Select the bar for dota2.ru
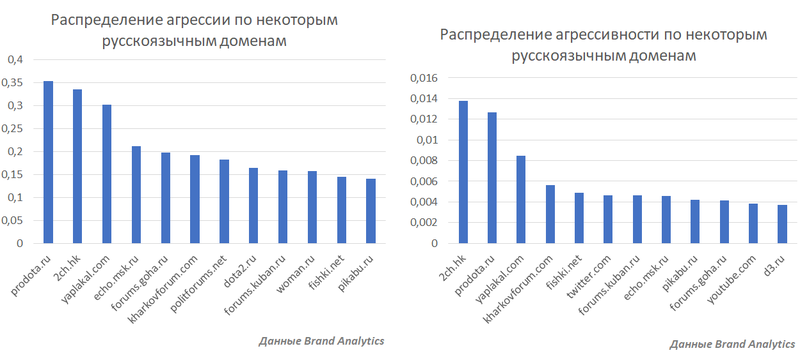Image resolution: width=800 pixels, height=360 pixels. click(x=253, y=205)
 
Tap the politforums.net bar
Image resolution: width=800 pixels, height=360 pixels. click(x=224, y=201)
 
